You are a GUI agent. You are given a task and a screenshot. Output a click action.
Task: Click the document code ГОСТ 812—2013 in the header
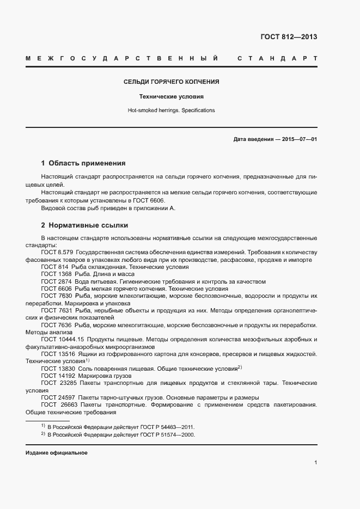point(289,38)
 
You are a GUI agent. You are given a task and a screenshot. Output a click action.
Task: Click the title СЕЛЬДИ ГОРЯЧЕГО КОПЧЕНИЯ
point(171,82)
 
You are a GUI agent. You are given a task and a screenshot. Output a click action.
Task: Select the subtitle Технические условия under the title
point(171,97)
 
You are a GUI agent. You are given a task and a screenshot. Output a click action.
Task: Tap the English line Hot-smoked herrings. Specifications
point(171,111)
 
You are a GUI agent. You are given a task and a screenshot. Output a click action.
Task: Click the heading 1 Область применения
point(83,163)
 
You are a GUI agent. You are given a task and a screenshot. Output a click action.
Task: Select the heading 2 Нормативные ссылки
point(85,225)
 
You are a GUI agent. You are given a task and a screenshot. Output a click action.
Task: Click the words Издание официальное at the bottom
point(57,453)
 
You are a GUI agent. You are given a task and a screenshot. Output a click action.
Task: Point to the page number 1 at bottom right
point(315,463)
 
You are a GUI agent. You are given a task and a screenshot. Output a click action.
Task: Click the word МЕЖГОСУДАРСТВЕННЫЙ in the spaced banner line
point(122,58)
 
